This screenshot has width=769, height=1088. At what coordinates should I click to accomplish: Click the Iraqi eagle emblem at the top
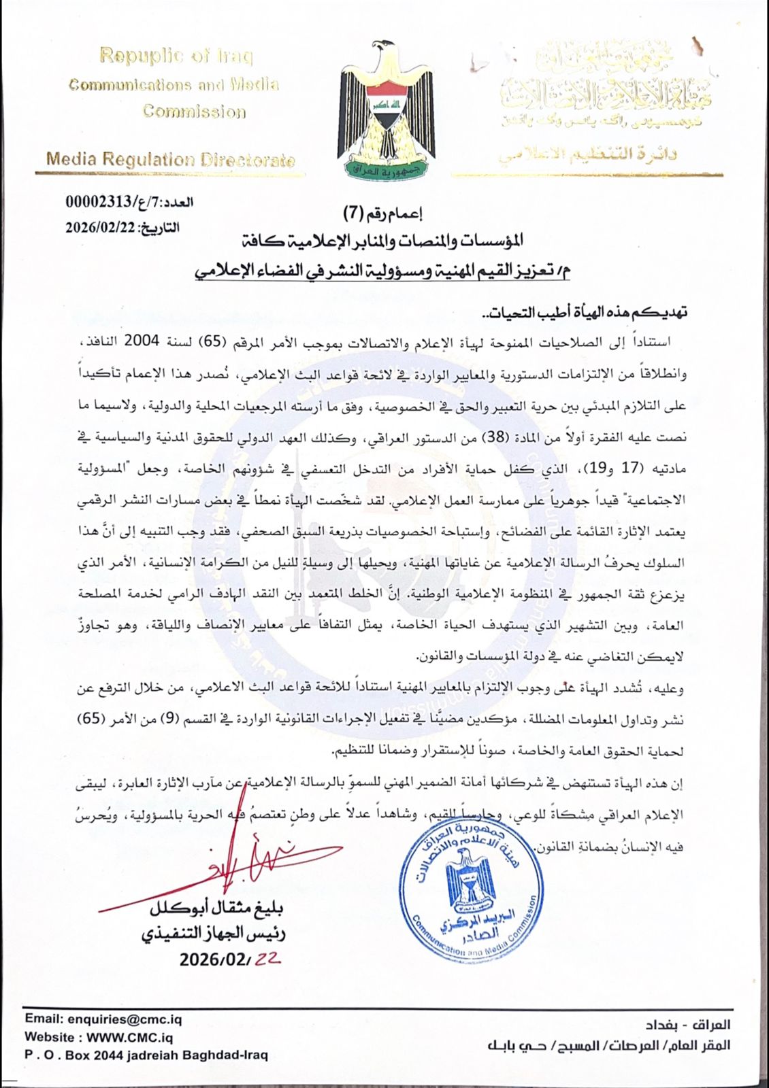pyautogui.click(x=386, y=109)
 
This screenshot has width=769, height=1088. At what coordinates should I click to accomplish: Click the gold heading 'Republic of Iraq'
pyautogui.click(x=176, y=56)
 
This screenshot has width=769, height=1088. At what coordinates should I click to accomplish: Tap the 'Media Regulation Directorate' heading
pyautogui.click(x=170, y=160)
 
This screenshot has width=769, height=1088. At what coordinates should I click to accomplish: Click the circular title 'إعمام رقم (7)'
pyautogui.click(x=387, y=214)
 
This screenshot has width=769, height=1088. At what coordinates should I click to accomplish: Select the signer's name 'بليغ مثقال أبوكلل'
pyautogui.click(x=216, y=908)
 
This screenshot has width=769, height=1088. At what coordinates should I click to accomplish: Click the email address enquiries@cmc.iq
pyautogui.click(x=103, y=1019)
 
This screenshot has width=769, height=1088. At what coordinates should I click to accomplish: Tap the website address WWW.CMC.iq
pyautogui.click(x=99, y=1037)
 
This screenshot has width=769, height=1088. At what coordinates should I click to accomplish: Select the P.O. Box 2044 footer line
pyautogui.click(x=146, y=1055)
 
